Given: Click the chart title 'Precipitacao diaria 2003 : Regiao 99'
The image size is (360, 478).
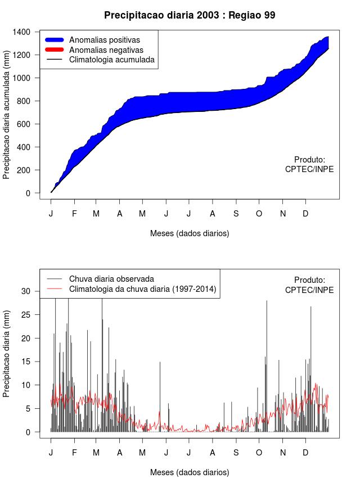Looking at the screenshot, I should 190,15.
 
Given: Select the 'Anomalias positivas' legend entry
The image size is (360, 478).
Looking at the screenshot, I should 104,40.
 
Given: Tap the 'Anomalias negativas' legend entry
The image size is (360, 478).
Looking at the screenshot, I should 106,50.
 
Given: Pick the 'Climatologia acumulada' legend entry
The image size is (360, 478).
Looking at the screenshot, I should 111,60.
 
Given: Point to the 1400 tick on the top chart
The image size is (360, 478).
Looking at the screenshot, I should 22,31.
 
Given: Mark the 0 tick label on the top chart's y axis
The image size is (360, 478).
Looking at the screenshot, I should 29,193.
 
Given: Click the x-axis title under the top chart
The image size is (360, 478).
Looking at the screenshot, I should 190,233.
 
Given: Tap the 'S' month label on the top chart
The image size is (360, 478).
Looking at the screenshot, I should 236,214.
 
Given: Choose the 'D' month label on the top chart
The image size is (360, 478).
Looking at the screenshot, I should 305,214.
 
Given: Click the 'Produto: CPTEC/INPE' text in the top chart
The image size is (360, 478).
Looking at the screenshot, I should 309,164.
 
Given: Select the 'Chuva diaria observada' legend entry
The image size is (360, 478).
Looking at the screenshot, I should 111,279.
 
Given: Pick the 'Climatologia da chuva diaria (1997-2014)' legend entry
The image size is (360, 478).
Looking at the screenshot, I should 142,289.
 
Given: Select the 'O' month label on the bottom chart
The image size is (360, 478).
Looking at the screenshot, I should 259,453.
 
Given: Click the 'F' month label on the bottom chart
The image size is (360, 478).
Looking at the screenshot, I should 74,453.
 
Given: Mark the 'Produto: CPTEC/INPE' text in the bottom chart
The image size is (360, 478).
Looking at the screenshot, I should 309,285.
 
